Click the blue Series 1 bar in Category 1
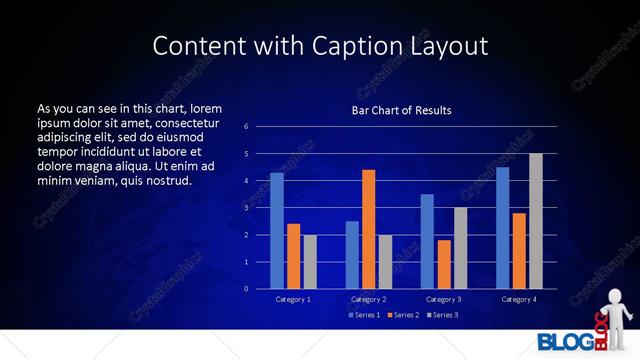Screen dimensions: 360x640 (x=277, y=231)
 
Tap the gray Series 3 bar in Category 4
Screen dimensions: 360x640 (x=536, y=221)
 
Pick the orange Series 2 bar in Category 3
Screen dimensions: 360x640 (x=444, y=264)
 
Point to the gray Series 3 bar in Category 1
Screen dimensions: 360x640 (x=310, y=262)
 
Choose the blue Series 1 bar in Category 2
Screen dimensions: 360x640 (x=352, y=255)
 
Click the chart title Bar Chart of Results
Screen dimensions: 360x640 (x=401, y=110)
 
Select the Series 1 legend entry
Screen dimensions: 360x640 (x=364, y=315)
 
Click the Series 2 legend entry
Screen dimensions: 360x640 (x=402, y=315)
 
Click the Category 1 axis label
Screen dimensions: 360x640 (x=293, y=299)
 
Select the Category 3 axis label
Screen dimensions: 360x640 (x=444, y=299)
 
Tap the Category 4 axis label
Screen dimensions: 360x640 (x=519, y=299)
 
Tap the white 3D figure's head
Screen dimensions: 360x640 (x=615, y=295)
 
